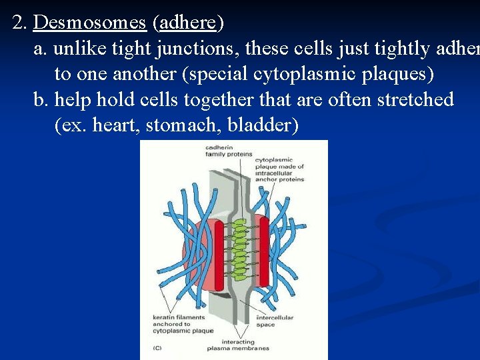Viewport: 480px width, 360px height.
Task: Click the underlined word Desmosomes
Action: click(x=89, y=23)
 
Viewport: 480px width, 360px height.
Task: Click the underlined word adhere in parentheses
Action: click(x=188, y=23)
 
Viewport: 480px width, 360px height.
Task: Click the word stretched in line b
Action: click(x=415, y=100)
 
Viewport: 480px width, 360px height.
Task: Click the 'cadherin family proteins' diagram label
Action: click(x=223, y=150)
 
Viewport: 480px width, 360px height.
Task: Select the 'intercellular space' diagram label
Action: click(x=275, y=321)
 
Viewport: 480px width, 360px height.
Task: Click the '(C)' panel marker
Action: click(x=157, y=347)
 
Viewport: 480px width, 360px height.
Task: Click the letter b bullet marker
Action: click(x=41, y=100)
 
